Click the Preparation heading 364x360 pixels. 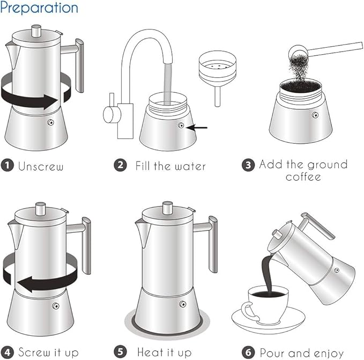click(x=39, y=8)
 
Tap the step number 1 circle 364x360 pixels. click(x=7, y=166)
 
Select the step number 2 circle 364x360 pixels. click(x=121, y=165)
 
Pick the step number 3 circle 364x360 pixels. click(x=248, y=165)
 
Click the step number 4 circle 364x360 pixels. click(x=8, y=352)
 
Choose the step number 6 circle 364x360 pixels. click(x=249, y=352)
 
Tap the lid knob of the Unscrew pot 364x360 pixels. click(x=37, y=32)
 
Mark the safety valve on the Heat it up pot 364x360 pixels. click(x=182, y=305)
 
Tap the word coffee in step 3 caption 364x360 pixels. click(x=303, y=177)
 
